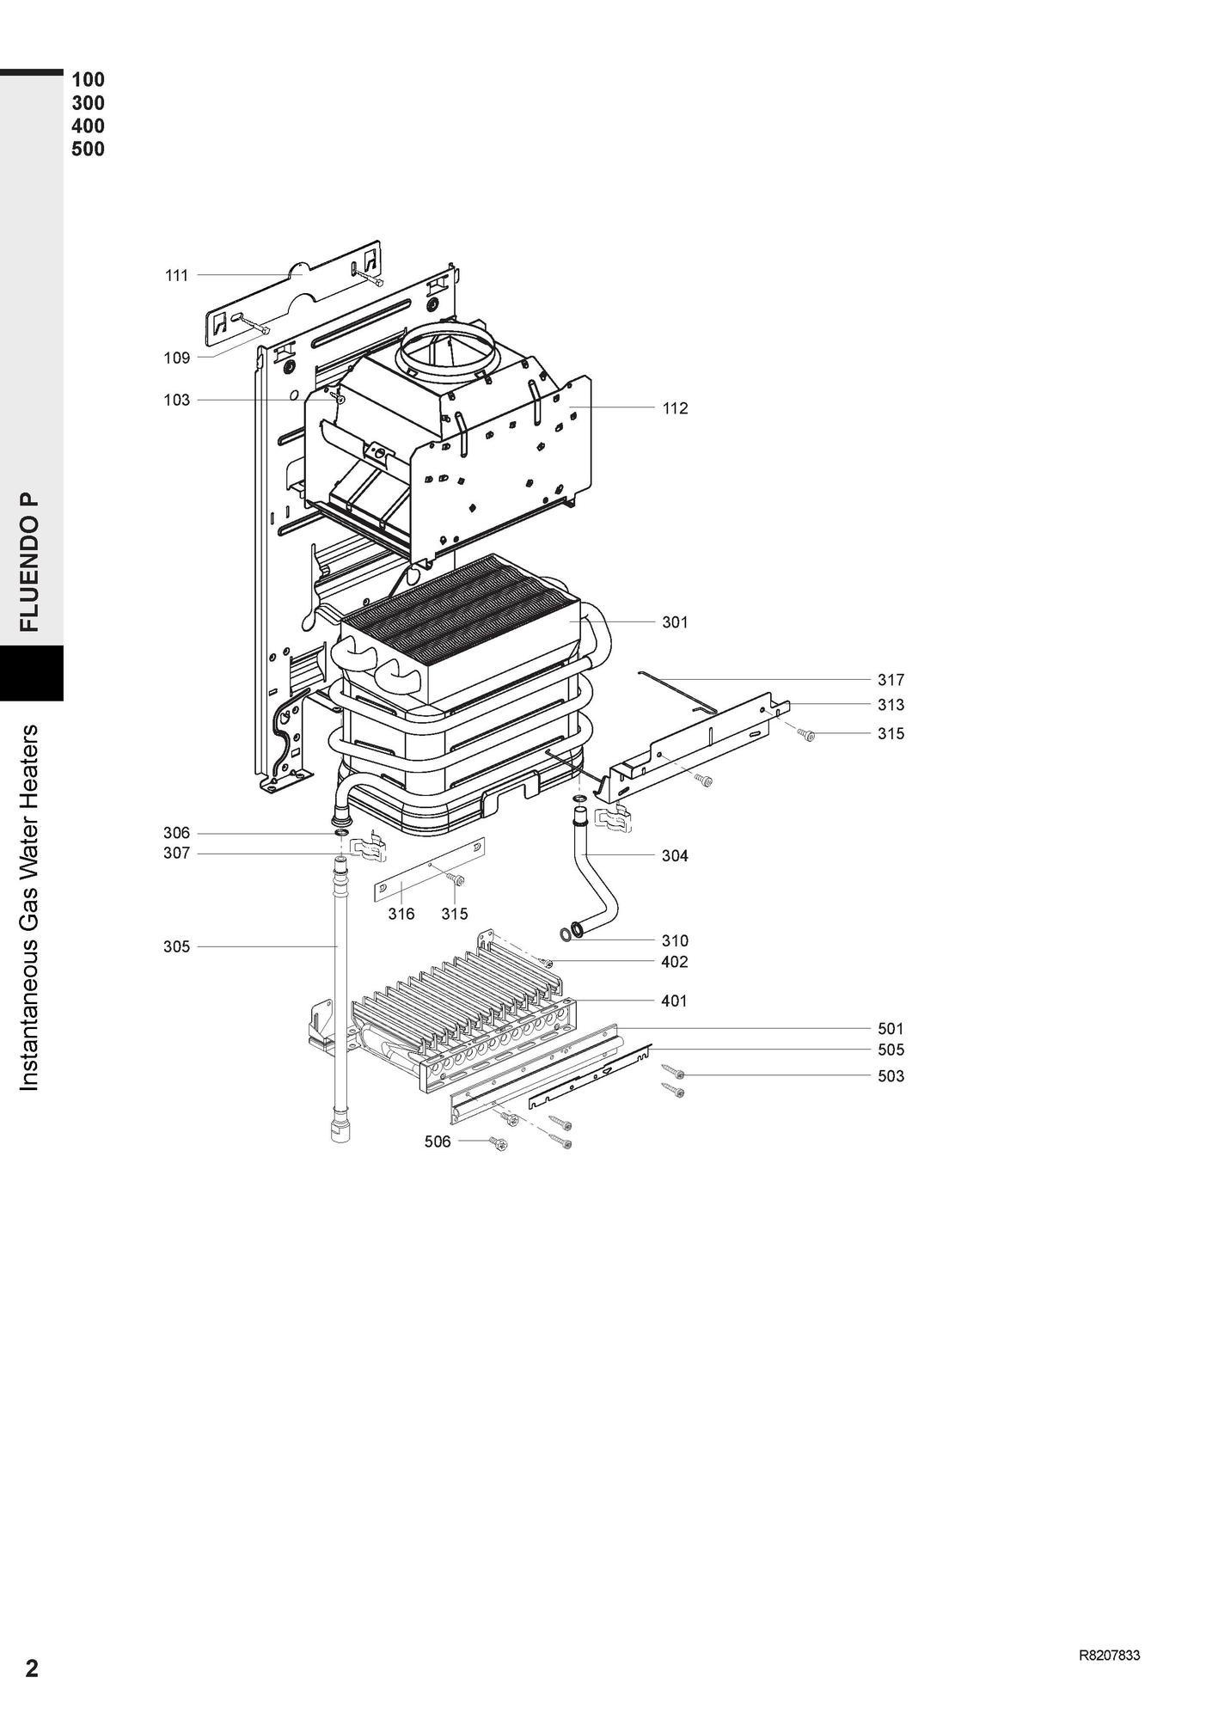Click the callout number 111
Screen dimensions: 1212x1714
pos(176,276)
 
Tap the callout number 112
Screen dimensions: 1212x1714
pos(675,408)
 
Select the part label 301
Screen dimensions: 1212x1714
pos(675,622)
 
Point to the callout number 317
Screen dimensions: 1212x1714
pos(891,680)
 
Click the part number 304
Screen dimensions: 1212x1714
pos(675,856)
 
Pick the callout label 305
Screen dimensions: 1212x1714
pos(176,947)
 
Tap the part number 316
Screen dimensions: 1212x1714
pos(401,914)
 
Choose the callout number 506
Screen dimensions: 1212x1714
pos(438,1142)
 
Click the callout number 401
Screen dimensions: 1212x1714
pos(675,1001)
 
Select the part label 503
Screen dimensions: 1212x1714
pos(891,1076)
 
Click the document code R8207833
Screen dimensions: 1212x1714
pos(1109,1656)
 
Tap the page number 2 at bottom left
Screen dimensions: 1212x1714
pos(32,1668)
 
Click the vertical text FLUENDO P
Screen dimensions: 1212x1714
pos(30,562)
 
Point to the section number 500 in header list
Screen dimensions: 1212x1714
pos(88,150)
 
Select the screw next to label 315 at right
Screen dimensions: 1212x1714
pos(806,735)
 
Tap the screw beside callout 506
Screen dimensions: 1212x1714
pos(498,1143)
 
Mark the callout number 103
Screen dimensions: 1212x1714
pos(176,401)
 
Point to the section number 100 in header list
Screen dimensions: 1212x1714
pos(88,80)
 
